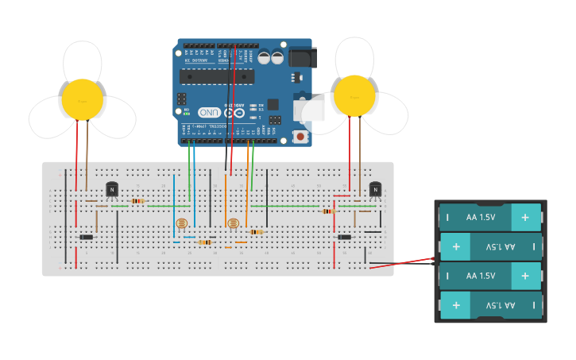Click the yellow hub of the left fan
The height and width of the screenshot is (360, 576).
click(83, 99)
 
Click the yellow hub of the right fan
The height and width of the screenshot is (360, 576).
click(354, 95)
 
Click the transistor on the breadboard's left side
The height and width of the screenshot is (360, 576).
click(112, 189)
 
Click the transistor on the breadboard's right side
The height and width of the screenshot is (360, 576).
click(375, 189)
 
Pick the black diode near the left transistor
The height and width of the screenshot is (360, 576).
click(86, 237)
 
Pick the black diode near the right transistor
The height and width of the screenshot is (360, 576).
click(344, 237)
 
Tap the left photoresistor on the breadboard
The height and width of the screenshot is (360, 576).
click(182, 223)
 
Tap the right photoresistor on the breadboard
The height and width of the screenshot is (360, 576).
click(233, 223)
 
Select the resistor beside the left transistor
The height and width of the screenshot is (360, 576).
click(137, 201)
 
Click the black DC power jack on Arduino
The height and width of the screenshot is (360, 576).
click(303, 57)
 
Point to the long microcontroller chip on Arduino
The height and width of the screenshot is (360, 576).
click(216, 76)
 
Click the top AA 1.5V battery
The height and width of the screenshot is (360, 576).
click(491, 217)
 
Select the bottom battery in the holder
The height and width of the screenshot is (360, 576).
click(491, 305)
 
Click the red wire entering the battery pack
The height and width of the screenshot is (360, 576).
click(405, 262)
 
